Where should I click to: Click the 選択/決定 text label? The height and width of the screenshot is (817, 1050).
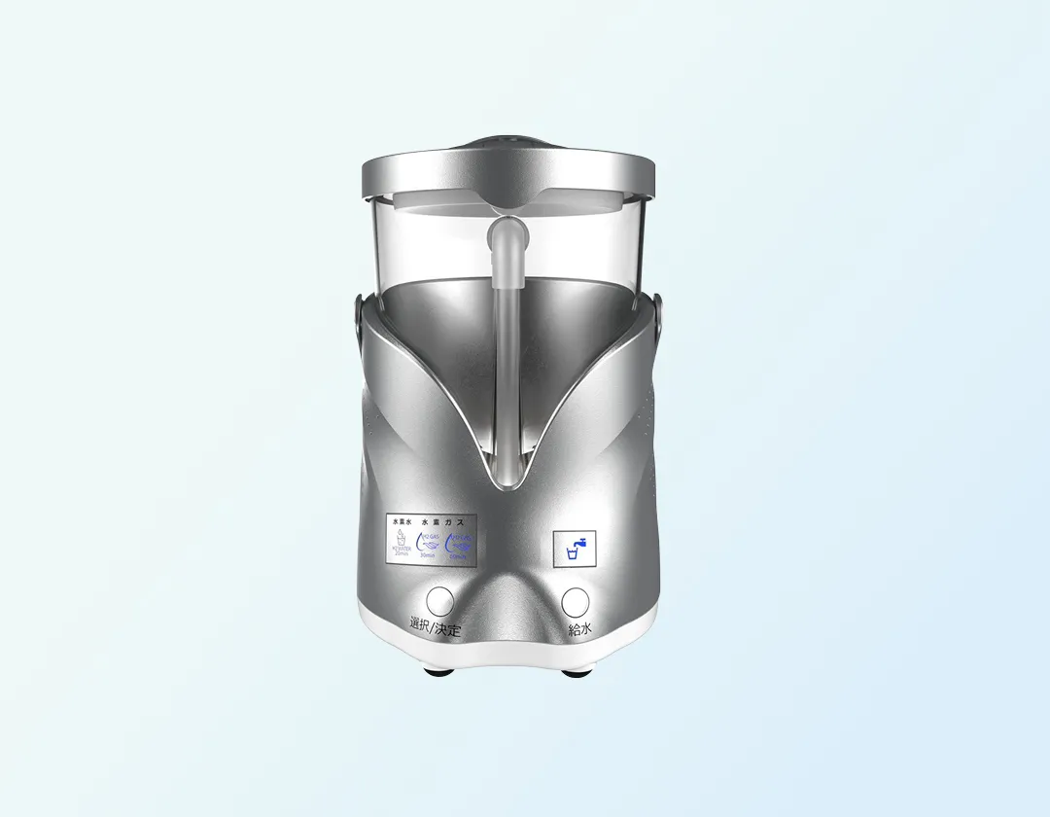(435, 629)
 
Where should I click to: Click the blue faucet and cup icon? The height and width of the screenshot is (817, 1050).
(574, 549)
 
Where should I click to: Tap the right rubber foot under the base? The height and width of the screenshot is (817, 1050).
(572, 669)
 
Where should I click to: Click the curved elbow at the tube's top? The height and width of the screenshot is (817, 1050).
(505, 234)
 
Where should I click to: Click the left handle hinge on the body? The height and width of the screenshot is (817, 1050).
(359, 313)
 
